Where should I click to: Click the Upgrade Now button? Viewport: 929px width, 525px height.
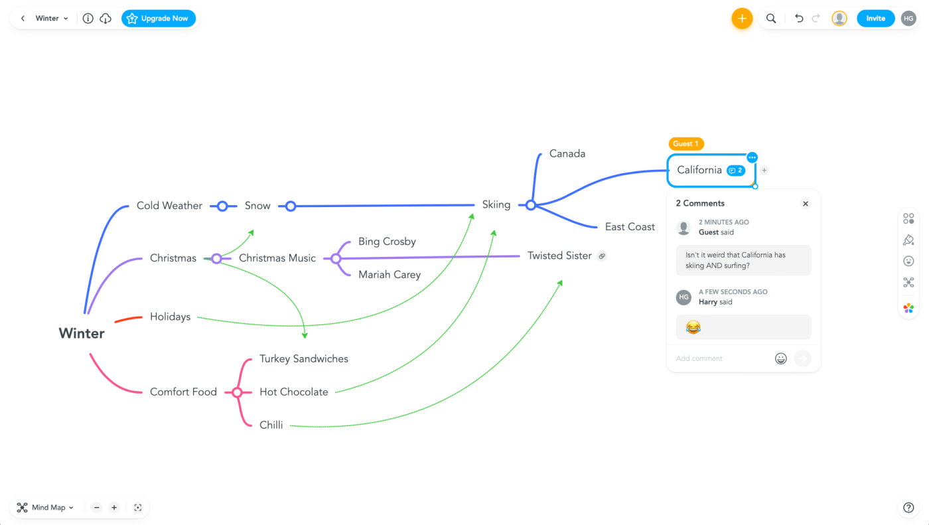coord(159,19)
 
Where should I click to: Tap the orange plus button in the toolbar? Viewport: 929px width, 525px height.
coord(742,19)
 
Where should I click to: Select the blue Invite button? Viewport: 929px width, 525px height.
coord(875,19)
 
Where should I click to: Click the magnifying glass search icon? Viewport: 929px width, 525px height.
coord(771,19)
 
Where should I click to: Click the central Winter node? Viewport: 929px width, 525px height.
coord(82,333)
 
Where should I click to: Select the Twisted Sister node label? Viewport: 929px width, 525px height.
coord(559,256)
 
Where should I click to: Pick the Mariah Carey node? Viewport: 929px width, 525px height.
coord(390,274)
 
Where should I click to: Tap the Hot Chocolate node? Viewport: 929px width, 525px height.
coord(294,392)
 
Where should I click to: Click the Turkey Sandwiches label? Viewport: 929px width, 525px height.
coord(304,358)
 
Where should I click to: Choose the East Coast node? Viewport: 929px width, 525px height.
coord(630,227)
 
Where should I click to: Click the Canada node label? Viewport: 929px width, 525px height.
coord(567,153)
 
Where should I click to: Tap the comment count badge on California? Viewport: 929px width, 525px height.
coord(736,171)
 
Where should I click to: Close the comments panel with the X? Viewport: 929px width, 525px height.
coord(806,204)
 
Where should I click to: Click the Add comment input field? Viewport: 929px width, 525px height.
coord(720,358)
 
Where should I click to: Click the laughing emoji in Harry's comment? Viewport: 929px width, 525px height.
coord(693,327)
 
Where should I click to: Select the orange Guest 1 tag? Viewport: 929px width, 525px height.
coord(686,143)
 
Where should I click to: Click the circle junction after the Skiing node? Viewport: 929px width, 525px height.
coord(530,205)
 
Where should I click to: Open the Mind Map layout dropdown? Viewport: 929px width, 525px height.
coord(46,508)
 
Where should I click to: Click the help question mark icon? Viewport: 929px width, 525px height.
coord(909,508)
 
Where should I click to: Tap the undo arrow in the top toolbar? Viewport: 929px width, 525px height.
coord(799,19)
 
